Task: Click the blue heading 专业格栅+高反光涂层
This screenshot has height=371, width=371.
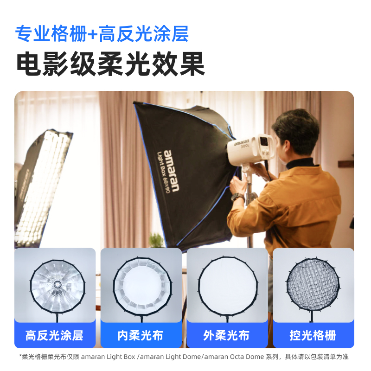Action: (x=102, y=33)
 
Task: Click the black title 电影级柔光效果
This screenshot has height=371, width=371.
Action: (x=110, y=64)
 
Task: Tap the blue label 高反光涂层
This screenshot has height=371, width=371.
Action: (x=55, y=335)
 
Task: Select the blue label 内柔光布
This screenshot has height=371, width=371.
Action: (x=141, y=335)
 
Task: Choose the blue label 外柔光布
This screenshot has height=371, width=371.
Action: (x=227, y=335)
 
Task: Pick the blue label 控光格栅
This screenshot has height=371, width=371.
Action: (x=313, y=335)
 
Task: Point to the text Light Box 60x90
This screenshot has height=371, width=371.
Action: (x=161, y=172)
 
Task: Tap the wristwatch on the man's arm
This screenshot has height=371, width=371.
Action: (x=237, y=197)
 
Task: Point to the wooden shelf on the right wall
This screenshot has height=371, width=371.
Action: (x=345, y=164)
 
